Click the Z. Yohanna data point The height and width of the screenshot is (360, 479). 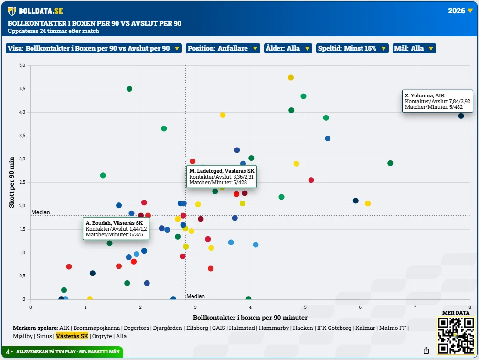461,116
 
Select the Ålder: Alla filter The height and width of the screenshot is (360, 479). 288,48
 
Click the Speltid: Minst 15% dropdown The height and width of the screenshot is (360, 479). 352,48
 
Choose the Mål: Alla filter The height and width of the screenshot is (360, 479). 414,48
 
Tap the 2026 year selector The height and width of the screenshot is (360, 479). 460,11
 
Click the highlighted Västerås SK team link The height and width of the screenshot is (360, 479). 72,336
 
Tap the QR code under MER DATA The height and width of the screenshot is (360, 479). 456,335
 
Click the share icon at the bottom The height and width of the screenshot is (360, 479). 426,350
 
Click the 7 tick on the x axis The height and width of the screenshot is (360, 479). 415,307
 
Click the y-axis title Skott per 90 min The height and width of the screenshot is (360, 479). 11,182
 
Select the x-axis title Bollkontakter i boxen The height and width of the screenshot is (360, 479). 250,318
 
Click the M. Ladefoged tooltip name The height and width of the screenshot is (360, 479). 222,171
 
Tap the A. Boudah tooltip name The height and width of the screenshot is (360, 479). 115,223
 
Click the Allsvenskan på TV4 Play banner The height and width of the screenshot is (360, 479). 62,351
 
